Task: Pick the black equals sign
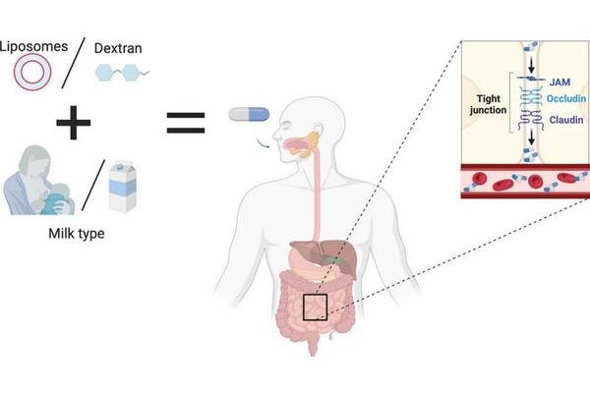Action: (x=185, y=122)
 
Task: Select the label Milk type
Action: (x=76, y=236)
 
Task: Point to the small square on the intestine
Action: (x=315, y=307)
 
